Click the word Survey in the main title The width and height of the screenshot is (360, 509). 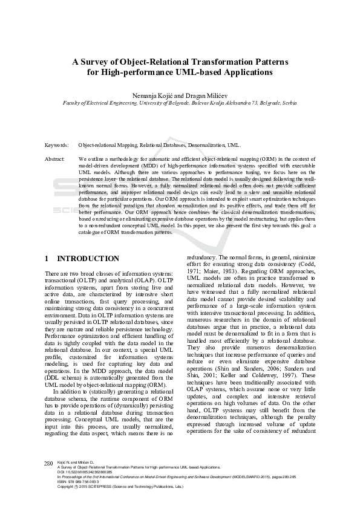click(96, 61)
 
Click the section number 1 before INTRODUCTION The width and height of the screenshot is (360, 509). click(47, 259)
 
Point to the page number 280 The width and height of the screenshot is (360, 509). click(49, 462)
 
